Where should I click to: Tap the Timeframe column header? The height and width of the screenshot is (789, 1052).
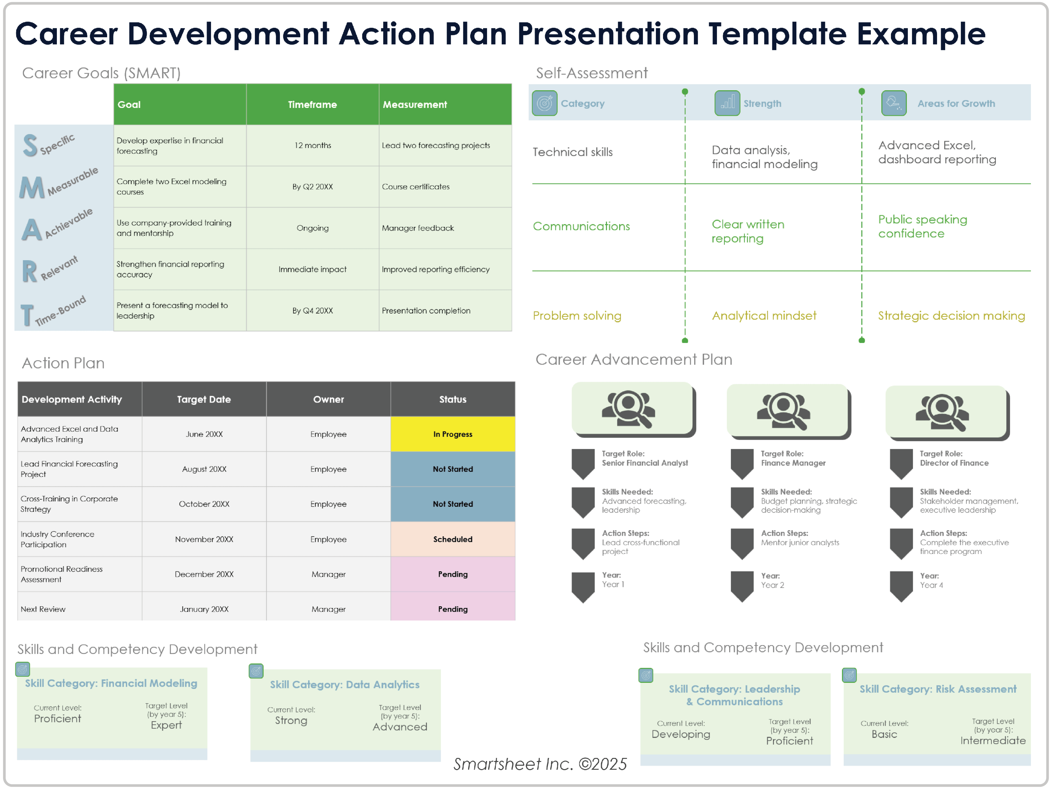[x=313, y=104]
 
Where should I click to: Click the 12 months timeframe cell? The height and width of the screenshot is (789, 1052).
[x=313, y=145]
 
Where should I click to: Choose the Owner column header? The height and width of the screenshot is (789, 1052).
[x=328, y=399]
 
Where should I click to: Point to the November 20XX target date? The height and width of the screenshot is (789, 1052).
[x=204, y=539]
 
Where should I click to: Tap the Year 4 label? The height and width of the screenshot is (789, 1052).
[x=931, y=585]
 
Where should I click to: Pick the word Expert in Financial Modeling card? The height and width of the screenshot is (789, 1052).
[x=166, y=725]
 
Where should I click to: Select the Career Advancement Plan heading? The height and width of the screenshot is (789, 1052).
[x=634, y=359]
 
